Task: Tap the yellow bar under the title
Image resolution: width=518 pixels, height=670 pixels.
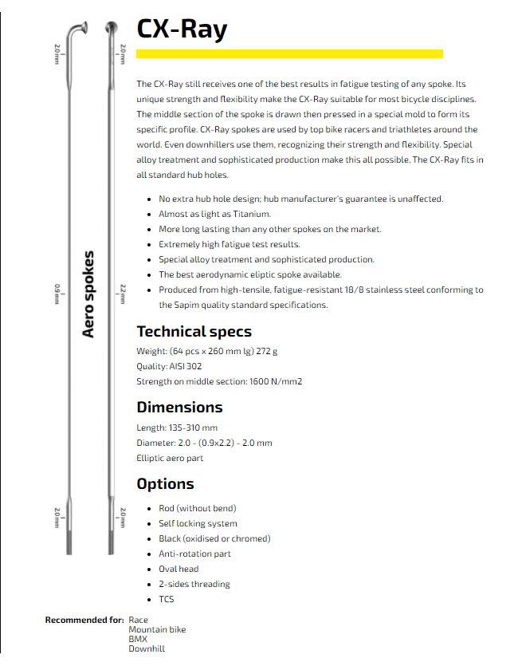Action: (289, 53)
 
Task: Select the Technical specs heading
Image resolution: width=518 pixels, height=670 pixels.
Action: (194, 331)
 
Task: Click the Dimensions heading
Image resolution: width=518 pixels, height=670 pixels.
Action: (179, 407)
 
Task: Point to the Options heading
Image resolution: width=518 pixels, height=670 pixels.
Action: (165, 483)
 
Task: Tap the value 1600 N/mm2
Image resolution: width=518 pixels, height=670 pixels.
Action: (276, 381)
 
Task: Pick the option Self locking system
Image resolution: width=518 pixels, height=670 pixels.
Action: (198, 523)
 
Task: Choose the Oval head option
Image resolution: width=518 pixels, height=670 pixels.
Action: (179, 569)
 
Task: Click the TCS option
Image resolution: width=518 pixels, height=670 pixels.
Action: (166, 599)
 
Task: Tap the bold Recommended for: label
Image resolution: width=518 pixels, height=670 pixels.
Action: (84, 620)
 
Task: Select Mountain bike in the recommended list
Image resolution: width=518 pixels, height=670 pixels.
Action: (157, 629)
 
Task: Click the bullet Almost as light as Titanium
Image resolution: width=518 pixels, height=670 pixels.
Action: (214, 214)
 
